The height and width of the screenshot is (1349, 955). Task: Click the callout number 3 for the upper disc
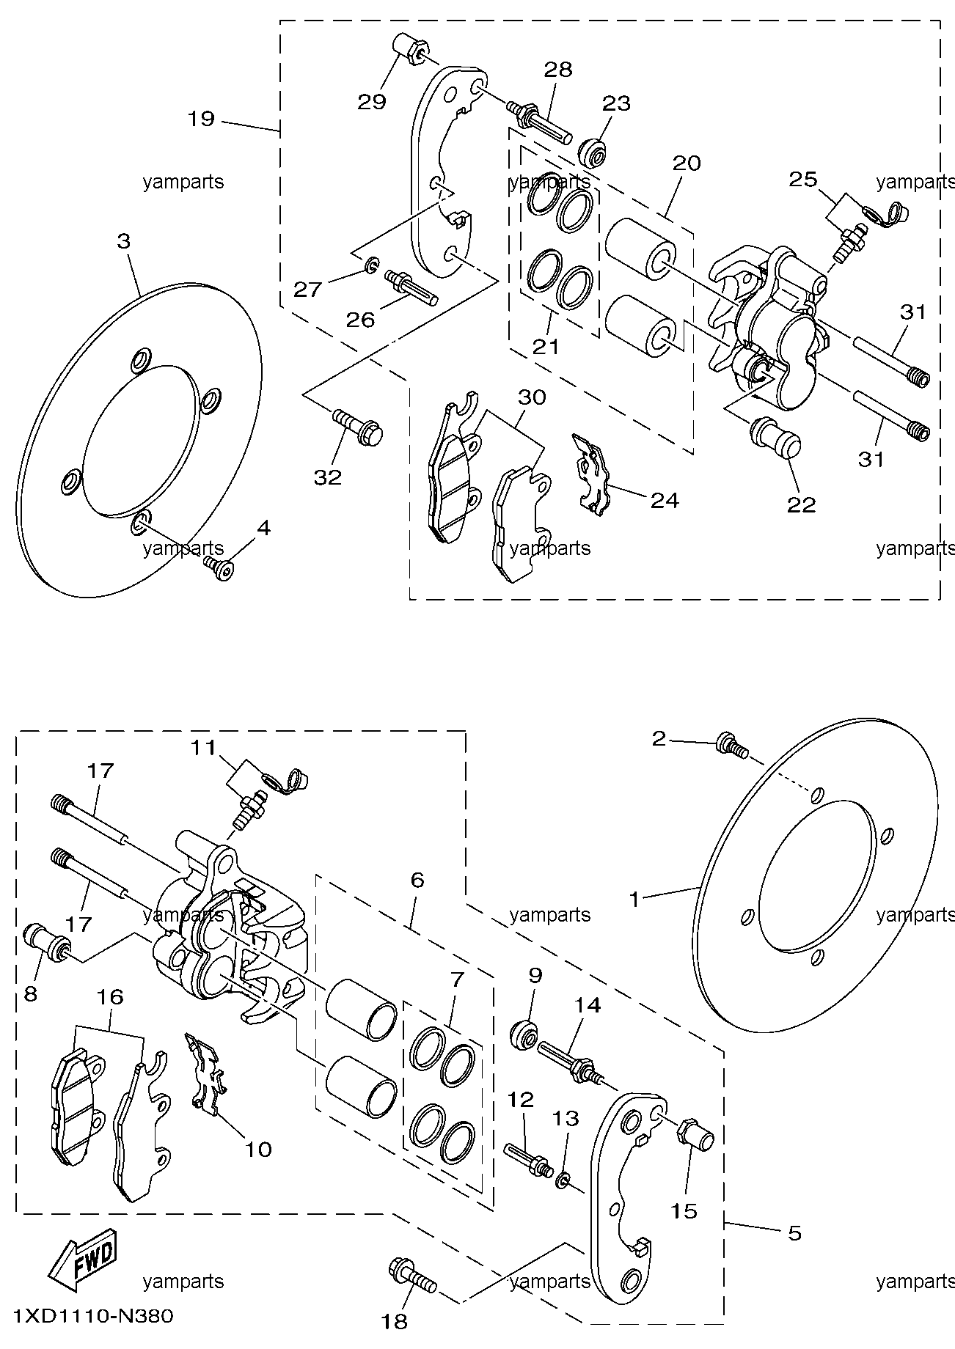point(123,241)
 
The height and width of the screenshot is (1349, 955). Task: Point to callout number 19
point(200,119)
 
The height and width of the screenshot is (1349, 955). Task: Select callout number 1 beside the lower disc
point(634,899)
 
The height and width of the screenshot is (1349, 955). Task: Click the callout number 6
point(417,880)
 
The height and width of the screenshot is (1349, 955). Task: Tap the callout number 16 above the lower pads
point(109,996)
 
